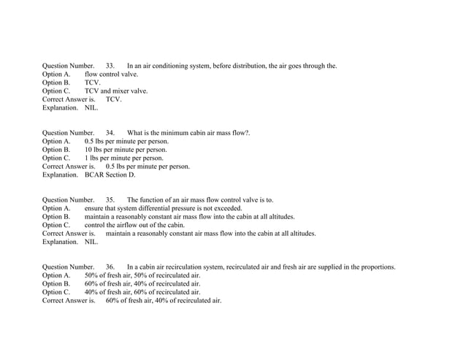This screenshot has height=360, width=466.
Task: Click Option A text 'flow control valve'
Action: click(x=111, y=74)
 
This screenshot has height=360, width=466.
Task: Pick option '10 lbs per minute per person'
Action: click(x=126, y=150)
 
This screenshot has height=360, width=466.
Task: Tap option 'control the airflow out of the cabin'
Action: click(x=134, y=225)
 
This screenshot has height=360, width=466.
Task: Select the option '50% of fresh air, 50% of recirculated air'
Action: click(x=142, y=275)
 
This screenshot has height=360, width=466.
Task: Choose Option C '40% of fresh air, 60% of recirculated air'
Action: click(x=142, y=292)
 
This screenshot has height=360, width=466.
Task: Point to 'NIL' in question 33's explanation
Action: click(x=91, y=108)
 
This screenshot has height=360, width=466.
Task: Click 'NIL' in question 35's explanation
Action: click(x=91, y=242)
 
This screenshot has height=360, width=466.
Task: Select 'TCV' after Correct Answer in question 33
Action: click(x=113, y=99)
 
